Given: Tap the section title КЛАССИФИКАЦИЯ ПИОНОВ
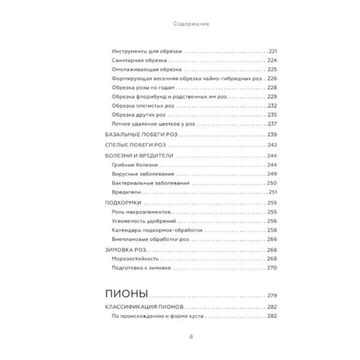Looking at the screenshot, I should click(144, 307).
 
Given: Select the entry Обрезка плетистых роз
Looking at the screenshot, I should click(144, 106).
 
